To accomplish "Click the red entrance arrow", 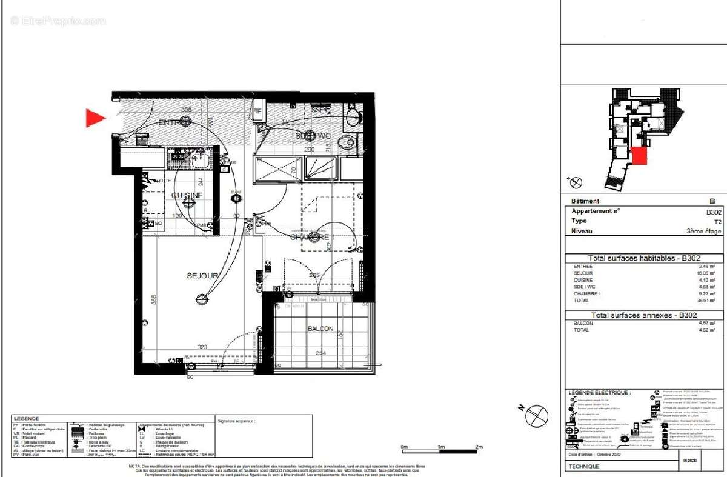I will (95, 118).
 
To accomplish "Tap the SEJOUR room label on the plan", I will (202, 276).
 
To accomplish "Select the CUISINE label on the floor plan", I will (187, 196).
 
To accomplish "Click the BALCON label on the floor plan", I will (320, 329).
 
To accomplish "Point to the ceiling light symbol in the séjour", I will (201, 298).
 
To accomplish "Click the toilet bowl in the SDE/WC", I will (346, 143).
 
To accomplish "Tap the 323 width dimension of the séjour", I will (202, 347).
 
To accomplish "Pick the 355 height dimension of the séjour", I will (154, 299).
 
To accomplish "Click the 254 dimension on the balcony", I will (321, 353).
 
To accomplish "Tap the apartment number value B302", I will (714, 212).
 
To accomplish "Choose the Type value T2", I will (718, 222).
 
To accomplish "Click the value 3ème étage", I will (704, 232).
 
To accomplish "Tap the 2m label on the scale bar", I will (479, 447).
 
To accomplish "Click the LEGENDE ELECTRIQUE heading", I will (600, 393).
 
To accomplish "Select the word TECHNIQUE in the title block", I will (583, 467).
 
